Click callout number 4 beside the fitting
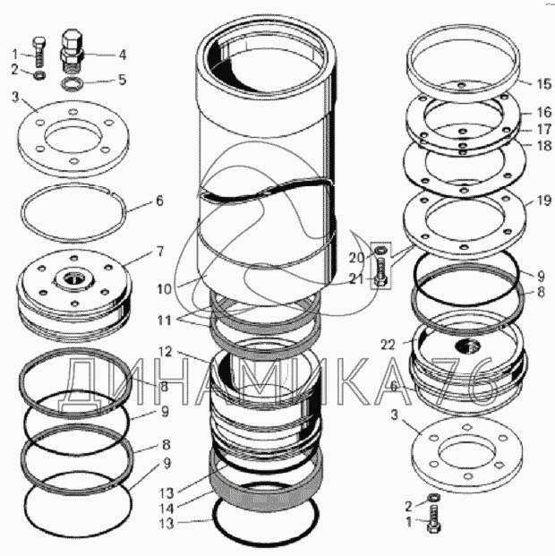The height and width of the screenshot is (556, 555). pyautogui.click(x=123, y=55)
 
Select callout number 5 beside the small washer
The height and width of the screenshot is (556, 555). pyautogui.click(x=123, y=80)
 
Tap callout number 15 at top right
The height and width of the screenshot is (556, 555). pyautogui.click(x=543, y=84)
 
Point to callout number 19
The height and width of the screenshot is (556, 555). pyautogui.click(x=544, y=201)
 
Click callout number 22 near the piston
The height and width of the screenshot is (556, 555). pyautogui.click(x=388, y=345)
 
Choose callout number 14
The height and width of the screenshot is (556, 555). pyautogui.click(x=166, y=509)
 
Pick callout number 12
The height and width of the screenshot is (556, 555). pyautogui.click(x=165, y=352)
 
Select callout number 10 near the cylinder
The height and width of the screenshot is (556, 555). pyautogui.click(x=164, y=289)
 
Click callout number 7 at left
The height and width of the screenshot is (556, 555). pyautogui.click(x=160, y=252)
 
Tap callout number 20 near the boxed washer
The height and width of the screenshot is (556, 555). pyautogui.click(x=357, y=258)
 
